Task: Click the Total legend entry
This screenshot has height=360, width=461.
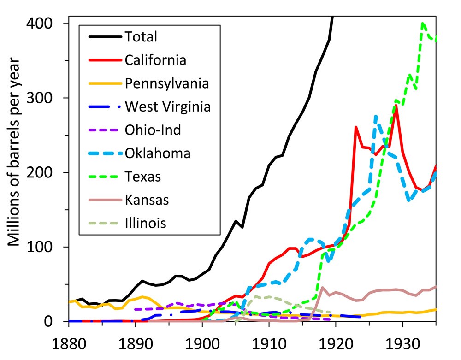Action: [141, 36]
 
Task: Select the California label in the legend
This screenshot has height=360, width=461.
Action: [155, 60]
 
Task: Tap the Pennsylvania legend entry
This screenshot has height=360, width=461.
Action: [166, 83]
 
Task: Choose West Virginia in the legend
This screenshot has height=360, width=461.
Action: [168, 106]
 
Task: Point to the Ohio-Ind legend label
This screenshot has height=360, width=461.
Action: [153, 130]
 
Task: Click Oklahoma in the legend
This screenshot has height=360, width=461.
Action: [157, 153]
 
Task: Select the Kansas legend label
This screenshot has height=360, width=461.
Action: [147, 200]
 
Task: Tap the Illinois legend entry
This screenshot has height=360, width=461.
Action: [146, 224]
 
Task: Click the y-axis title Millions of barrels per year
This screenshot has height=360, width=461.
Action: [13, 152]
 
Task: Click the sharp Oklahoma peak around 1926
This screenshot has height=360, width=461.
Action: [376, 116]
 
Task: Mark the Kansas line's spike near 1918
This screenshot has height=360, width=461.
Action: [322, 288]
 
